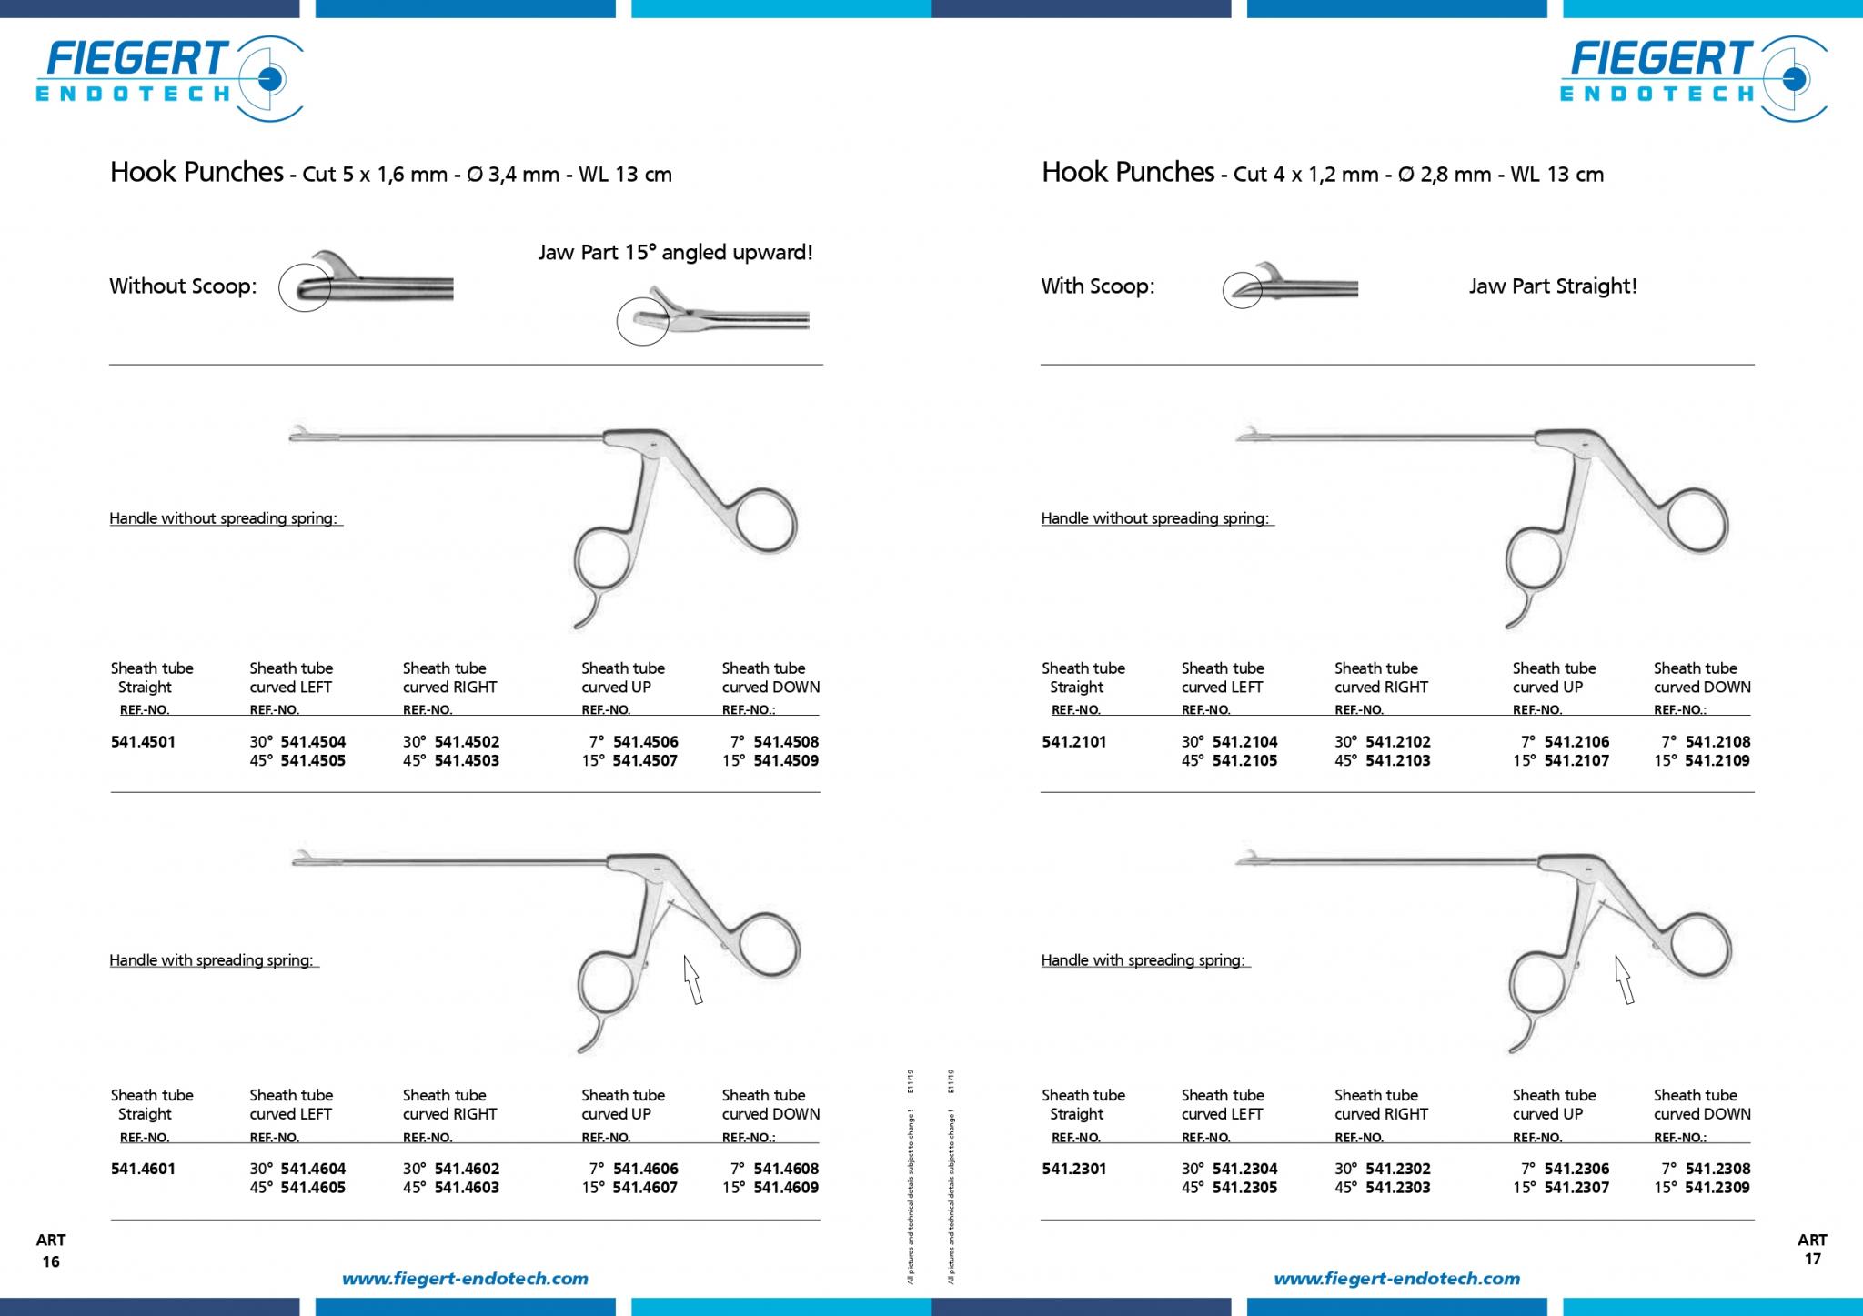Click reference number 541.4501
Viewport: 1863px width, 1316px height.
coord(143,742)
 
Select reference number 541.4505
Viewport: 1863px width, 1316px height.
coord(313,761)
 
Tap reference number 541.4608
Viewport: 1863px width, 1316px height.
coord(786,1170)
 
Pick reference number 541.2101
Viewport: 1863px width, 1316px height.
coord(1074,742)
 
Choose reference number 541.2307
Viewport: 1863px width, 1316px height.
coord(1576,1188)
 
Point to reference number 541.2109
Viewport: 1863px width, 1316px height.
coord(1717,761)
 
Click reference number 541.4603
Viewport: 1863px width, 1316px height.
coord(467,1188)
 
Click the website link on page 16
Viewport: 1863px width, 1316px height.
coord(465,1279)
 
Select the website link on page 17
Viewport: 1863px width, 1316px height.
coord(1396,1279)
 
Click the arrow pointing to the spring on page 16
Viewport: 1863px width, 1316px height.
coord(693,979)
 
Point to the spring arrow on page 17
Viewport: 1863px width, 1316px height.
coord(1625,979)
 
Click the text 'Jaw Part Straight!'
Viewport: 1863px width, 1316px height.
coord(1553,286)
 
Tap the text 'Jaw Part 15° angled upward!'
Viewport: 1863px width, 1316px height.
coord(675,253)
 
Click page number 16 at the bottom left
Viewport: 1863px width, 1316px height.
coord(51,1261)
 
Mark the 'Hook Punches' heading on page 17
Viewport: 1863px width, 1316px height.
coord(1128,172)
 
